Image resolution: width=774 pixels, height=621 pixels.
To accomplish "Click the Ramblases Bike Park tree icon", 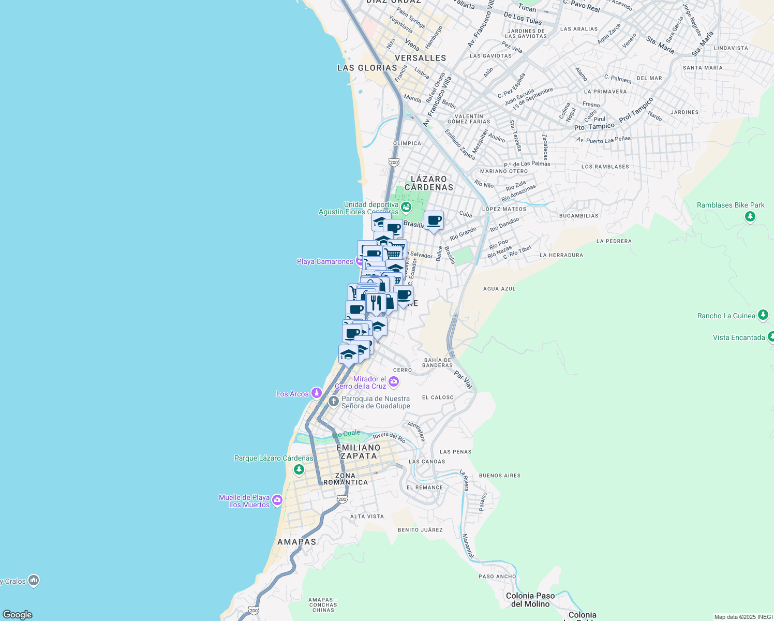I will pyautogui.click(x=750, y=216).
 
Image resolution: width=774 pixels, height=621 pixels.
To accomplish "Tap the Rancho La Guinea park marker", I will pyautogui.click(x=763, y=315).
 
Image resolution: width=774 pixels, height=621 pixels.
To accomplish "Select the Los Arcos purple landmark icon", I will pyautogui.click(x=316, y=394).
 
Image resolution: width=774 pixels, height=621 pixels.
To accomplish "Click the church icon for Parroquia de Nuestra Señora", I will pyautogui.click(x=334, y=401).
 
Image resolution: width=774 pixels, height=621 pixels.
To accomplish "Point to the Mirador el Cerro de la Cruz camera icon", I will pyautogui.click(x=394, y=382).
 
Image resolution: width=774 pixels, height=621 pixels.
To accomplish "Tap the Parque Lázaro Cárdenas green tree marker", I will pyautogui.click(x=299, y=469).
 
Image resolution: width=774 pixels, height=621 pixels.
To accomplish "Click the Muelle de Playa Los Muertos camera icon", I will pyautogui.click(x=277, y=500).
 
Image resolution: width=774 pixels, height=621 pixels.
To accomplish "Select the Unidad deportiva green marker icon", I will pyautogui.click(x=406, y=208).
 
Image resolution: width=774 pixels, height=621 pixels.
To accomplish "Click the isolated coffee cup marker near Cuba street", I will pyautogui.click(x=434, y=221).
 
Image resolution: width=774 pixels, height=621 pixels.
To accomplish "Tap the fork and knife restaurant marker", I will pyautogui.click(x=376, y=303).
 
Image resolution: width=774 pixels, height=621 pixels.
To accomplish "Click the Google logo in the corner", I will pyautogui.click(x=18, y=615).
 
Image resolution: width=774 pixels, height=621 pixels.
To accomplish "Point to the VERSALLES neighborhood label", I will pyautogui.click(x=420, y=58).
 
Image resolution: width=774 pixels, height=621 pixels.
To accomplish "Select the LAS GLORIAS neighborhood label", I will pyautogui.click(x=367, y=68).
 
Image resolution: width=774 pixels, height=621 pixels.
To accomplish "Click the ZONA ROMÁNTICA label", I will pyautogui.click(x=345, y=479).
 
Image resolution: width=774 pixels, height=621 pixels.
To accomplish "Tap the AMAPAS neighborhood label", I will pyautogui.click(x=296, y=542).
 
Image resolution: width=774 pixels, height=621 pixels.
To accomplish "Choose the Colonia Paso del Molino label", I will pyautogui.click(x=530, y=600).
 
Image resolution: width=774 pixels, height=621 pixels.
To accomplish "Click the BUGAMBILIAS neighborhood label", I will pyautogui.click(x=578, y=216).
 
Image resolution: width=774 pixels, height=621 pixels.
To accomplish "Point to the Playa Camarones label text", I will pyautogui.click(x=325, y=261).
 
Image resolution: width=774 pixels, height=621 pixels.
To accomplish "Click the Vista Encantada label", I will pyautogui.click(x=739, y=337).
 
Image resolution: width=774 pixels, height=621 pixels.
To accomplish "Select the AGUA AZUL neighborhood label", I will pyautogui.click(x=499, y=289).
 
